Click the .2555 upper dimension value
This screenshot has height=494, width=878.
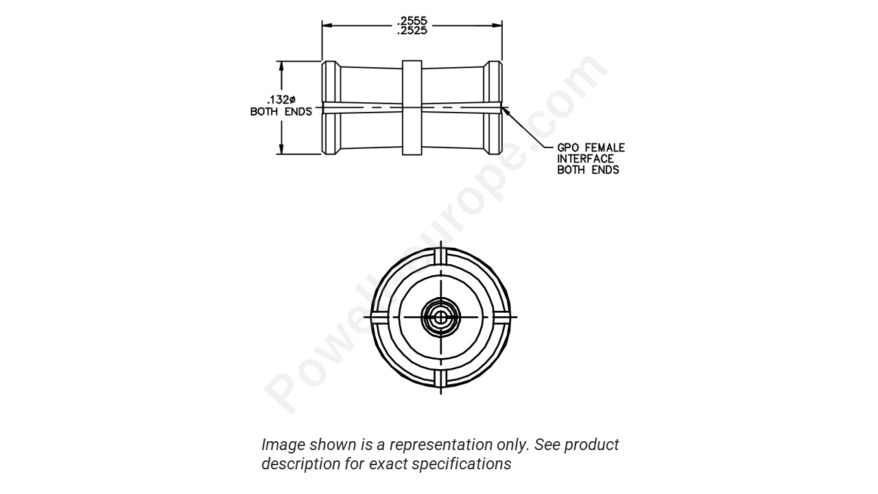click(412, 21)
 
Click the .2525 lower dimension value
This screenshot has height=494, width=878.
click(412, 30)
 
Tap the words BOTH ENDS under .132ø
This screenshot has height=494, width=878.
click(281, 112)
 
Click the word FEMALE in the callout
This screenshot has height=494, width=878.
click(604, 148)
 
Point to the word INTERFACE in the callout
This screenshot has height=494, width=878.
click(585, 158)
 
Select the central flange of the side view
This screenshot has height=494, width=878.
click(412, 108)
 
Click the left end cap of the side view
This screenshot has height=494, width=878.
click(331, 108)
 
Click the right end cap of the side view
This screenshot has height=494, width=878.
click(493, 108)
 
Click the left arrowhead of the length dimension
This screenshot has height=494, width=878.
click(327, 25)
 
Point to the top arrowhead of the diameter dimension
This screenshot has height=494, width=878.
click(281, 65)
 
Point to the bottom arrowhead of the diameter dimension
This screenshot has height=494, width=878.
click(281, 150)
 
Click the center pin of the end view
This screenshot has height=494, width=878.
click(440, 317)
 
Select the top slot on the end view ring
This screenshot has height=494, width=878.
click(440, 256)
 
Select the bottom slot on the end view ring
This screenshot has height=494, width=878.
click(440, 379)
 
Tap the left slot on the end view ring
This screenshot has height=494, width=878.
click(379, 317)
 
